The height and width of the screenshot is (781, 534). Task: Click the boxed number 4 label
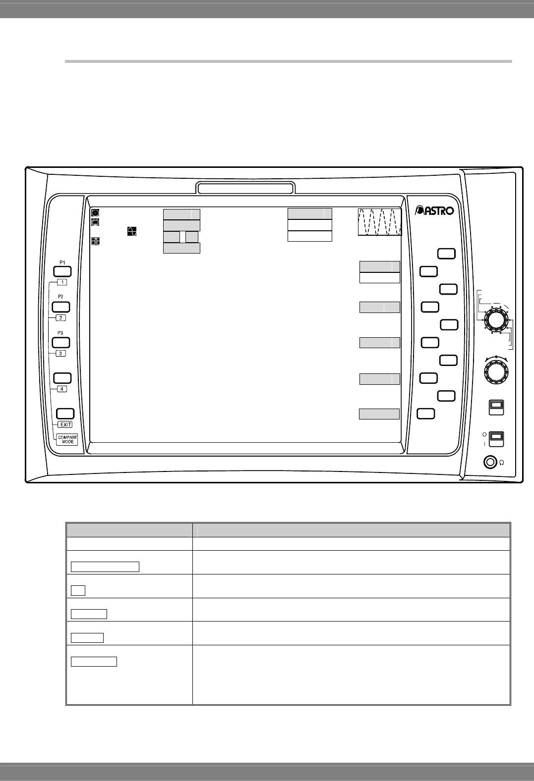click(62, 389)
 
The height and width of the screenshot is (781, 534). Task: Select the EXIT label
click(65, 425)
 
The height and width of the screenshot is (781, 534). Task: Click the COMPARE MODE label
click(67, 439)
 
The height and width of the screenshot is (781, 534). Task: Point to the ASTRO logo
click(434, 210)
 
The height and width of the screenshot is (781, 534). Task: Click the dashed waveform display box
click(379, 222)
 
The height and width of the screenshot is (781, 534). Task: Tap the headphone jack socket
click(490, 462)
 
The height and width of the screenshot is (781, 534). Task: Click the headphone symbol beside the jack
click(502, 463)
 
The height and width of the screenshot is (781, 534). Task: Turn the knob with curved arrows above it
click(496, 371)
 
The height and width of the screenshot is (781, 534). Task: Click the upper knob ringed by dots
click(496, 320)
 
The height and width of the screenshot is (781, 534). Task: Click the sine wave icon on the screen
click(132, 231)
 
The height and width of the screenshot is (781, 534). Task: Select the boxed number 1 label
click(62, 282)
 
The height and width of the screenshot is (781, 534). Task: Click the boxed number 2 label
click(61, 318)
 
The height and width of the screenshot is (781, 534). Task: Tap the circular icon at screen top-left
click(95, 212)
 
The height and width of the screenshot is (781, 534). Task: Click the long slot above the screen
click(245, 188)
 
